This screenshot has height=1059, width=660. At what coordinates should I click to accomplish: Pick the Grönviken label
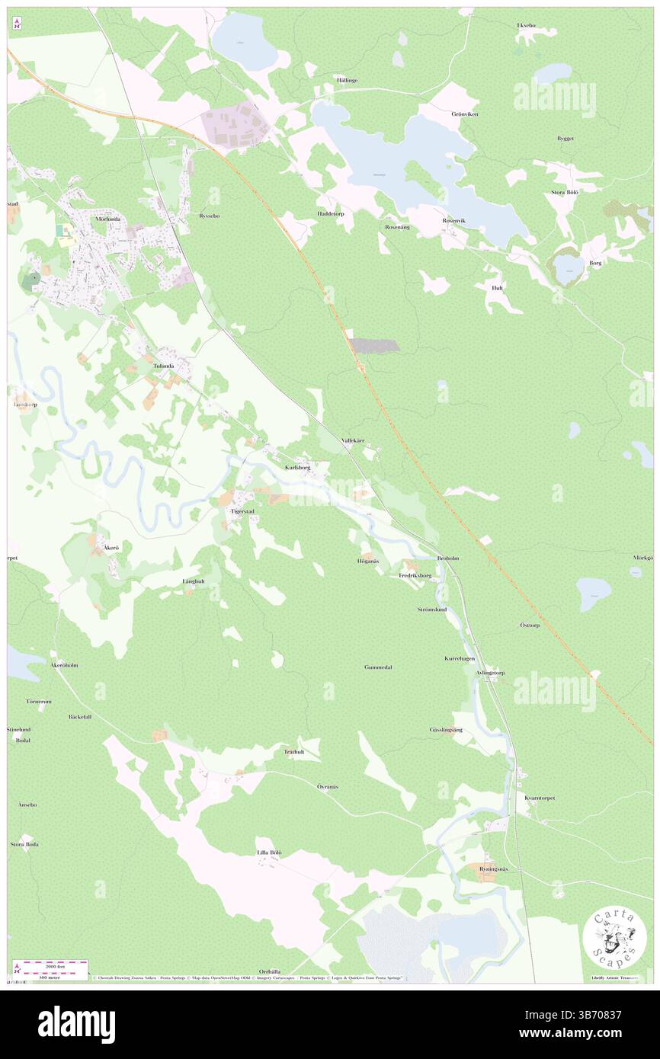tap(466, 114)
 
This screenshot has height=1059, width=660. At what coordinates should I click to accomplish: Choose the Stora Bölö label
tap(565, 193)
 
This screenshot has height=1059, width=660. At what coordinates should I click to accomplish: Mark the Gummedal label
tap(378, 667)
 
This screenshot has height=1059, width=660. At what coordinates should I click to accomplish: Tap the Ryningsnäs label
tap(498, 869)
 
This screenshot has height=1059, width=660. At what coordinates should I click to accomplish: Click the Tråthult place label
tap(294, 752)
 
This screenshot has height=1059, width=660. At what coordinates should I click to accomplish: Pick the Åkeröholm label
tap(64, 665)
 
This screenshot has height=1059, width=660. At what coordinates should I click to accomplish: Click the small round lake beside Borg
tap(569, 267)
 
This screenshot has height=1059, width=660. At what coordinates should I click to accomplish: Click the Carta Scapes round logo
tap(614, 938)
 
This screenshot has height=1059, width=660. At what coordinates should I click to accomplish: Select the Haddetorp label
tap(331, 214)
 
